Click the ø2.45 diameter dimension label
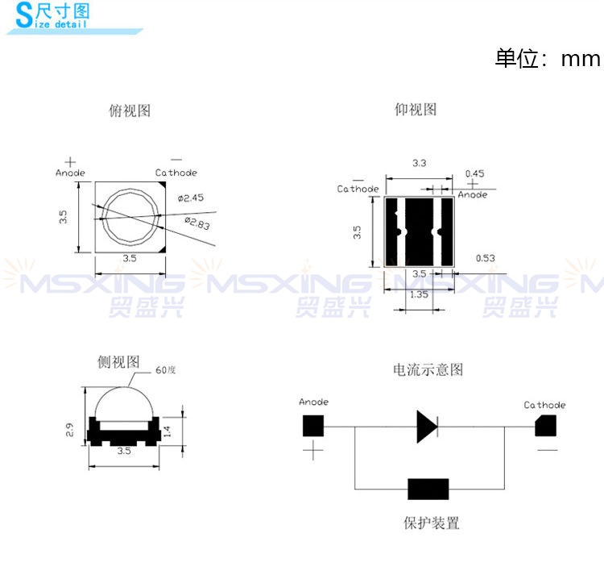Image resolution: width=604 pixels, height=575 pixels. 191,198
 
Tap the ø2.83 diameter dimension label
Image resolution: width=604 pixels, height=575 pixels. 197,223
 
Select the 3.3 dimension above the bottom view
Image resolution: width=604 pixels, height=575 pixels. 420,163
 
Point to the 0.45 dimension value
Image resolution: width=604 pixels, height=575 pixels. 474,173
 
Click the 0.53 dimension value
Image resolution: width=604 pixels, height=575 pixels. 486,258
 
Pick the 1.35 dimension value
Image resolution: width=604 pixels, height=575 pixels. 419,294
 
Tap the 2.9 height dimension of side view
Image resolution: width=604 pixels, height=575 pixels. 69,430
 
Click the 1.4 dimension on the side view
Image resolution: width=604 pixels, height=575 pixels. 168,431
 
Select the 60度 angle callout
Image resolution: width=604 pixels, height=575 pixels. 166,370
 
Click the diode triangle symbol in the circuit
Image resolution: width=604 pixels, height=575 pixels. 427,427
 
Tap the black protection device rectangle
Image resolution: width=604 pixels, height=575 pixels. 428,489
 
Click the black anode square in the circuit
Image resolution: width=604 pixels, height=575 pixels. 313,426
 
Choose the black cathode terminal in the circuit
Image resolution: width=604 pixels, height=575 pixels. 545,426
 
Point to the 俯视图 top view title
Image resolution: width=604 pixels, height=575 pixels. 130,110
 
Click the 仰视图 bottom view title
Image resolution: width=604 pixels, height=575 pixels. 416,110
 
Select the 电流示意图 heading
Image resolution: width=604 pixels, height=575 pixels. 428,369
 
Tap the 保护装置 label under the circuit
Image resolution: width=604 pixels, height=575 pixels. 432,523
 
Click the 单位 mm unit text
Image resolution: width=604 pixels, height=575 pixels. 548,59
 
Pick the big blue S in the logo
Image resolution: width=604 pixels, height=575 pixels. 25,15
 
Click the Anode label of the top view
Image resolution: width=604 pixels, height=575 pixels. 71,173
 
